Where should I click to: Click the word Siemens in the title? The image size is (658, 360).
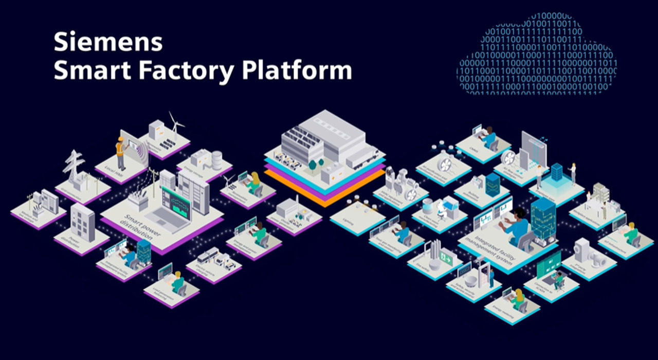[108, 42]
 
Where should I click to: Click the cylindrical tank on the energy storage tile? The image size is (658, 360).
[217, 160]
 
